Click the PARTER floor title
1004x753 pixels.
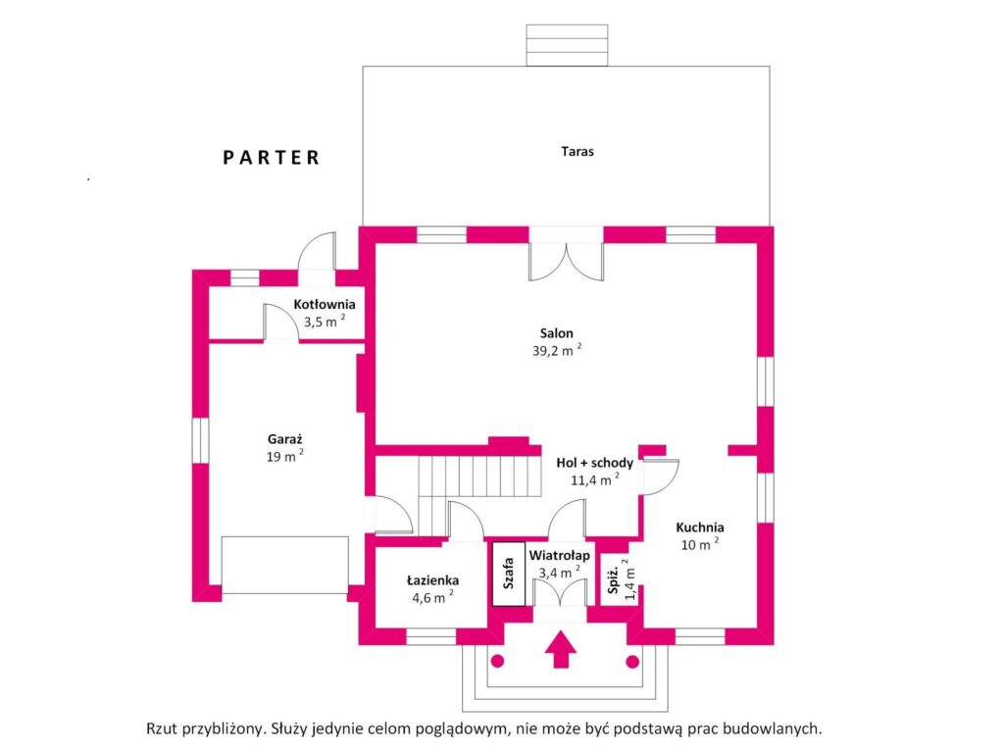271,158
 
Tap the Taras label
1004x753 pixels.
577,152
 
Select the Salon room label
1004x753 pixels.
557,333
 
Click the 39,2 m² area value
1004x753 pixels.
557,350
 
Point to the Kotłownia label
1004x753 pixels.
324,304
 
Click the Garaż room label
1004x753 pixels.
285,439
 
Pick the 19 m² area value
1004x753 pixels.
285,456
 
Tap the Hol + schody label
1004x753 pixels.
595,463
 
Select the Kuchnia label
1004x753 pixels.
700,527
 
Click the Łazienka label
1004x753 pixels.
432,580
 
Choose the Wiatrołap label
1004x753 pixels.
559,555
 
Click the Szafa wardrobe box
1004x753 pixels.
509,574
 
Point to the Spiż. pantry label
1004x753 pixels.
613,580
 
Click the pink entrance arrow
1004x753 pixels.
560,649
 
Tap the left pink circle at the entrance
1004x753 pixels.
497,661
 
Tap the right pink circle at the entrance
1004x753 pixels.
632,662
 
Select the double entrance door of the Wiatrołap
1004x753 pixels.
560,594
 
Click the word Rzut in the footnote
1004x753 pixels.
163,728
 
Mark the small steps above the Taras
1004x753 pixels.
567,45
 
